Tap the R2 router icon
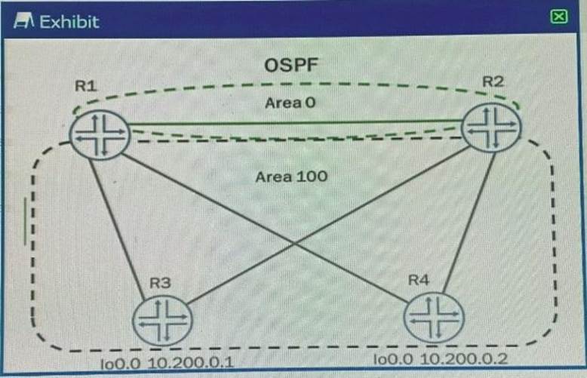pos(491,128)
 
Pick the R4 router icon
pos(433,317)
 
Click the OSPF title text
pos(292,66)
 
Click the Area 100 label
pos(291,177)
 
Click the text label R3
pos(160,284)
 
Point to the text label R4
pos(419,280)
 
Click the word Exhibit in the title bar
pos(69,21)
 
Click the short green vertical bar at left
pos(26,222)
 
